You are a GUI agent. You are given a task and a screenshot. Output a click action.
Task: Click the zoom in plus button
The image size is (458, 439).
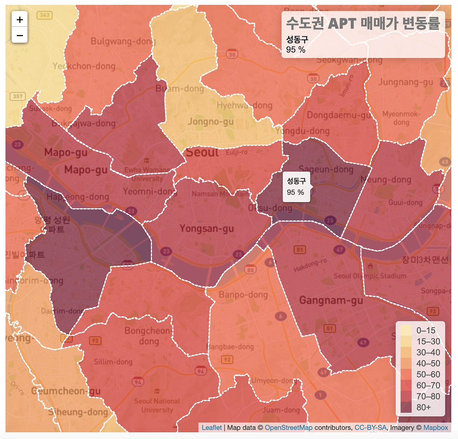click(20, 19)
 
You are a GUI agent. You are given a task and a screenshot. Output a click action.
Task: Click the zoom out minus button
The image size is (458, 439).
click(20, 35)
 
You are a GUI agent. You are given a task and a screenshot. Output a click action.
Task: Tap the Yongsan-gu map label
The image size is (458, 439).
click(206, 228)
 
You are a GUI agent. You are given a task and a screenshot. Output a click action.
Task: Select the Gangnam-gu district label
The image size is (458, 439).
click(331, 300)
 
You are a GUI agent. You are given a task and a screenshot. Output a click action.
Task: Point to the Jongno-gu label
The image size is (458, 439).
click(211, 122)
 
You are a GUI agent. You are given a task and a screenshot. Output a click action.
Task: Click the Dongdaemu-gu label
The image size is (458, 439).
click(338, 115)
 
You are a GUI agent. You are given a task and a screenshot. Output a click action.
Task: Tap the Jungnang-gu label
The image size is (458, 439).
click(405, 82)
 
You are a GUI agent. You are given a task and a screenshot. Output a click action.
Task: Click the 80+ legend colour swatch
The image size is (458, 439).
click(406, 408)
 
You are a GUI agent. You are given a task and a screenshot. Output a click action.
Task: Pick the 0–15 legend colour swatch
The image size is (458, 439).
click(406, 330)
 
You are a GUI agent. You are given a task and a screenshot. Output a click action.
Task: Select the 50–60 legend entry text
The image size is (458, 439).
click(428, 374)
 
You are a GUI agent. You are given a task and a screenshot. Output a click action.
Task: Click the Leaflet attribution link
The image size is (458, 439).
click(211, 428)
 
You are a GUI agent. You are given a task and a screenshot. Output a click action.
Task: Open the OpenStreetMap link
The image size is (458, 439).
click(288, 428)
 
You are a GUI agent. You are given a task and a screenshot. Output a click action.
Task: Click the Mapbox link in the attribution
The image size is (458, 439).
click(435, 428)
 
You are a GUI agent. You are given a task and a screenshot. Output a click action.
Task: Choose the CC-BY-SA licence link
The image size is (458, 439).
click(370, 428)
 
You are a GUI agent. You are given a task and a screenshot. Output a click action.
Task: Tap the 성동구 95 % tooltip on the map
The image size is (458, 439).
click(296, 187)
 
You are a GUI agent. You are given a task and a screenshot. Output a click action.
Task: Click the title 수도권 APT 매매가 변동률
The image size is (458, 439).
click(363, 24)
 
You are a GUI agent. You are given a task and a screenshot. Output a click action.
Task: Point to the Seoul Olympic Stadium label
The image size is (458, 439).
click(370, 276)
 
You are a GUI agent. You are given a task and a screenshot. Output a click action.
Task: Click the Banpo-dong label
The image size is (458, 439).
click(243, 294)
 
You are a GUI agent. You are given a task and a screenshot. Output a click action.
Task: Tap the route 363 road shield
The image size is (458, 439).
click(45, 15)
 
